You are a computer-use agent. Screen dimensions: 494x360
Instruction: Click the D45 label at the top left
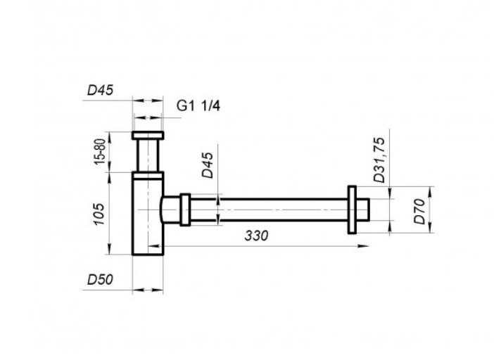(x=100, y=91)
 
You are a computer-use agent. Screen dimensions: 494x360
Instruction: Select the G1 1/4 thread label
(x=198, y=105)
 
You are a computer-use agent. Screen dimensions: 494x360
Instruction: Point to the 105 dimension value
(x=99, y=214)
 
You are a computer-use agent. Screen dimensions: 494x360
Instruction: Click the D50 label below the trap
(x=100, y=279)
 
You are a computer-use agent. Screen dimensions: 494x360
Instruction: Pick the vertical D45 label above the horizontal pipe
(x=208, y=165)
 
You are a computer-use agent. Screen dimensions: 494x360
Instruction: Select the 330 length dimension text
(x=256, y=236)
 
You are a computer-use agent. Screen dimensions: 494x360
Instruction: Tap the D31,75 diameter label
(x=379, y=160)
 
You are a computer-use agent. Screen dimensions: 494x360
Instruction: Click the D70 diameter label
(x=419, y=212)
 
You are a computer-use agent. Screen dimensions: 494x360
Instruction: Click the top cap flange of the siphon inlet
(x=148, y=135)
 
